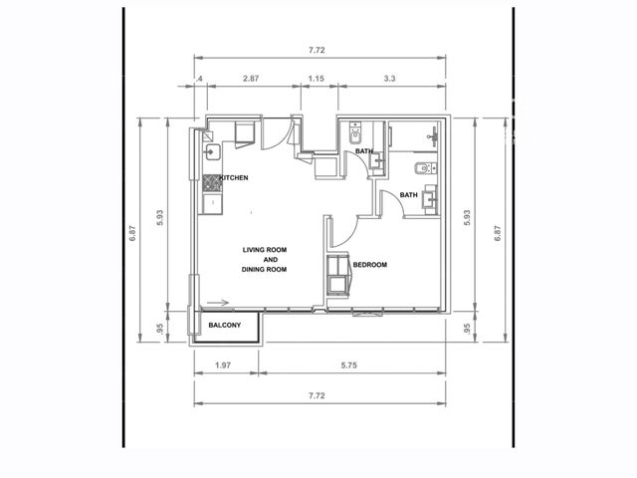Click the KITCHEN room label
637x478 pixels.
tap(234, 177)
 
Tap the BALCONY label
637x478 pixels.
tap(225, 326)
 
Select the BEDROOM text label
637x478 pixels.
tap(369, 265)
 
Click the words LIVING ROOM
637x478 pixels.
tap(265, 250)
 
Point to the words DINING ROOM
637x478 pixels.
tap(264, 269)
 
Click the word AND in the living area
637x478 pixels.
tap(271, 259)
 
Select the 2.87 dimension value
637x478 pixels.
tap(251, 79)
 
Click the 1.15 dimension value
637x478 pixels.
tap(317, 79)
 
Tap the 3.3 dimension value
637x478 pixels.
tap(389, 79)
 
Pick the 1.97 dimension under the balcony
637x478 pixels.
tap(223, 365)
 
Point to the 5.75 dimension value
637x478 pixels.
tap(349, 365)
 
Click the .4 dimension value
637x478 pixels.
tap(199, 79)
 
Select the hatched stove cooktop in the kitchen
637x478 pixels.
tap(212, 183)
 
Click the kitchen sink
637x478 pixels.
tap(212, 152)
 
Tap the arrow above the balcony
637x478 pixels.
tap(218, 303)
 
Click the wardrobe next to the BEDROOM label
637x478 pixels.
tap(338, 275)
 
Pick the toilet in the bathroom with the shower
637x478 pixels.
tap(425, 168)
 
